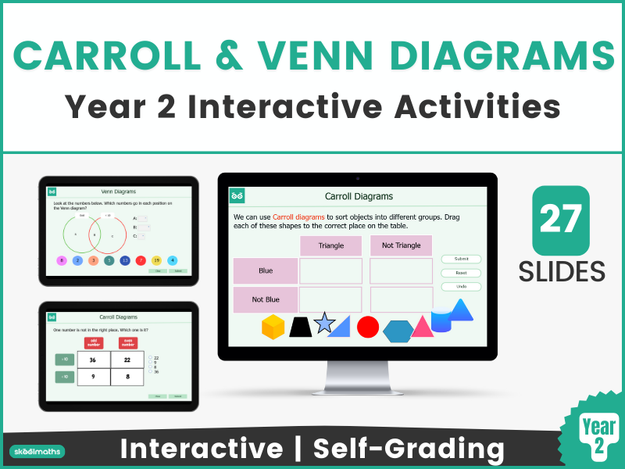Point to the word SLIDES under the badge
tap(562, 270)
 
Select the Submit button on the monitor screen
tap(461, 259)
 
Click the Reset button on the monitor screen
tap(461, 273)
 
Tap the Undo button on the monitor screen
tap(461, 287)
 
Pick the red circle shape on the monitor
tap(368, 327)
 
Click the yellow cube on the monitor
tap(273, 327)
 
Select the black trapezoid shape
tap(301, 327)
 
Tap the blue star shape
tap(323, 321)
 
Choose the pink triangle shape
tap(422, 327)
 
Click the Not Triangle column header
tap(401, 245)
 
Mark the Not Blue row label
tap(266, 299)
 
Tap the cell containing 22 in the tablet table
tap(127, 360)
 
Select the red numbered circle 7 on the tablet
tap(141, 260)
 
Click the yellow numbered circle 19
tap(156, 260)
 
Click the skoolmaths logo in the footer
tap(37, 451)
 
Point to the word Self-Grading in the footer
tap(408, 449)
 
